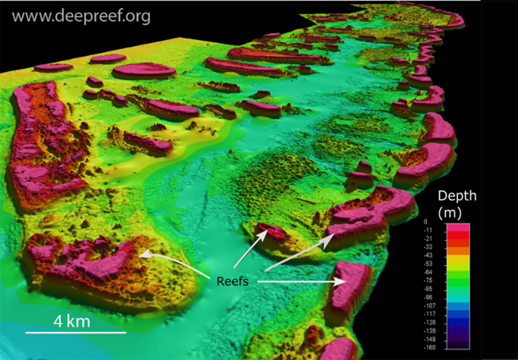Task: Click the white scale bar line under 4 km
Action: pos(76,333)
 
